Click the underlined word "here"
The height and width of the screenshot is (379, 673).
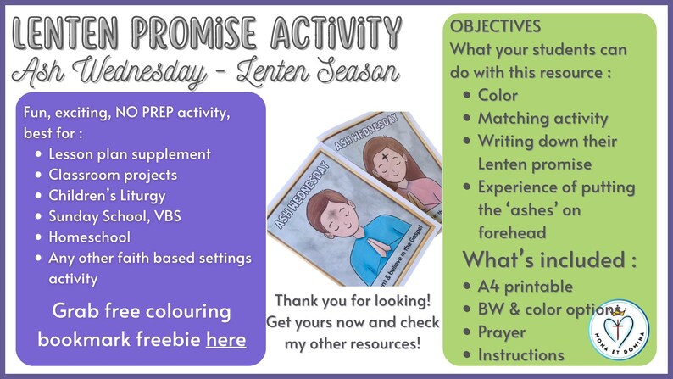coord(225,340)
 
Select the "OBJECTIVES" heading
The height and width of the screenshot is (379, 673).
coord(495,26)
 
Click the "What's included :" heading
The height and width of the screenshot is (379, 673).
coord(549,259)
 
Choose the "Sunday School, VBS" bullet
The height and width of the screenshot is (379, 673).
coord(114,216)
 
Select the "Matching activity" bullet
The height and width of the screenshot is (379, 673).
coord(542,119)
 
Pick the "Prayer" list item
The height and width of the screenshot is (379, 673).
coord(502,332)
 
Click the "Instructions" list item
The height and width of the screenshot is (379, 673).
coord(520,354)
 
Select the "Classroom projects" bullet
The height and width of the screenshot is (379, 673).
coord(113,176)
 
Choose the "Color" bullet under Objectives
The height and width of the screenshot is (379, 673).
coord(498,96)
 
